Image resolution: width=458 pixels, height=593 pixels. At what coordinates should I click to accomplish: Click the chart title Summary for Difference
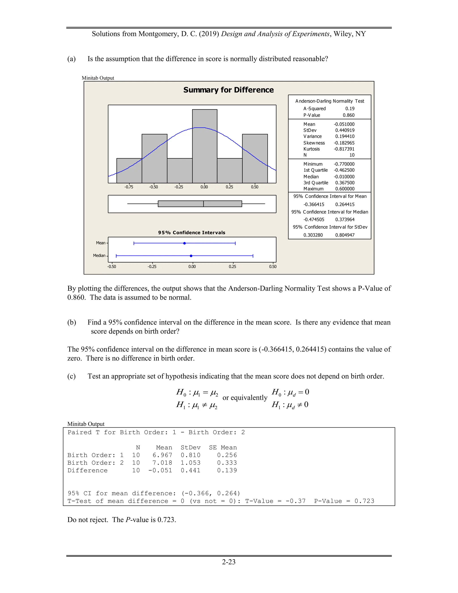[x=229, y=90]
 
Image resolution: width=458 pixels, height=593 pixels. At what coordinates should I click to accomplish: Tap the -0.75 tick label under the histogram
[x=129, y=187]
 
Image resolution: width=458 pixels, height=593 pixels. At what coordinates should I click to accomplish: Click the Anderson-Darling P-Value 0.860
[x=348, y=115]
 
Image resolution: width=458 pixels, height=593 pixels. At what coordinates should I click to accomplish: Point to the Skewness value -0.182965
[x=344, y=143]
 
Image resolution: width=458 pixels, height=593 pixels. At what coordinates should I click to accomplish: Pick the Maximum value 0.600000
[x=345, y=189]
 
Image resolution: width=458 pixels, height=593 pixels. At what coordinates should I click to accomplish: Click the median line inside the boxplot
[x=204, y=204]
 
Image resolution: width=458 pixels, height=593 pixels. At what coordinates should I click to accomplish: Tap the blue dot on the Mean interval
[x=184, y=243]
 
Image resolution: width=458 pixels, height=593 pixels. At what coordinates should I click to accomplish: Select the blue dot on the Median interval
[x=191, y=256]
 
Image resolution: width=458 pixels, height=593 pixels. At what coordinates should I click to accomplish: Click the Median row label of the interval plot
[x=99, y=256]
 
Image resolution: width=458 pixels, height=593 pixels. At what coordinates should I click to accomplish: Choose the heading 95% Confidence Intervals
[x=192, y=233]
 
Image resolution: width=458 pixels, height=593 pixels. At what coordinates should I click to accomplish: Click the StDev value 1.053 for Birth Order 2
[x=191, y=463]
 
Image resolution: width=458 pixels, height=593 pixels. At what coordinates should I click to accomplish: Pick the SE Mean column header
[x=223, y=448]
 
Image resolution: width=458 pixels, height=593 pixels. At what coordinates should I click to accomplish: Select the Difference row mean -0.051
[x=160, y=470]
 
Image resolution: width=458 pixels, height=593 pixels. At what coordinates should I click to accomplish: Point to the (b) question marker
[x=72, y=322]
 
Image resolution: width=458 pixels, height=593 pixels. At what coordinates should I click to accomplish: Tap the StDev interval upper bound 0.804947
[x=345, y=235]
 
